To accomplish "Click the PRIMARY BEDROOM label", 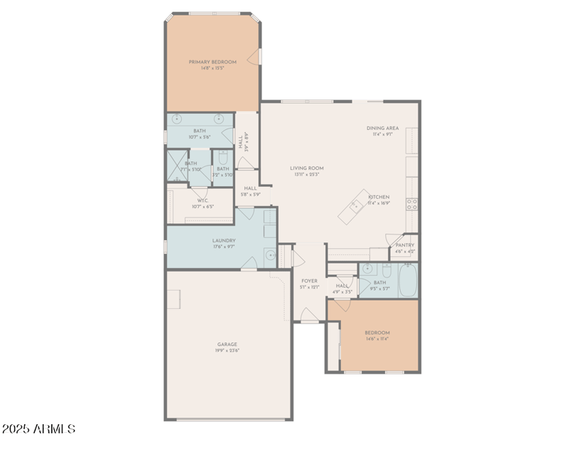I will point(212,62).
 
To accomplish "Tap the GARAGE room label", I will point(227,344).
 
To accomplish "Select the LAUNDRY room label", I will point(223,240).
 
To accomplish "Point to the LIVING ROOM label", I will point(307,168).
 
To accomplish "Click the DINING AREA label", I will point(382,128).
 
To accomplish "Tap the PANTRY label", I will point(404,245).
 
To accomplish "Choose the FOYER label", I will point(309,280).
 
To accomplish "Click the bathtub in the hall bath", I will point(407,280).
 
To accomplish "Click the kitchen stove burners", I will point(412,204).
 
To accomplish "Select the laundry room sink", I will point(269,256).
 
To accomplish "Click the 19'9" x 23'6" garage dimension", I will point(227,350).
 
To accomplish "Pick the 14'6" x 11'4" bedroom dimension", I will point(377,339).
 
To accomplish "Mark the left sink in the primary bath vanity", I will point(177,119).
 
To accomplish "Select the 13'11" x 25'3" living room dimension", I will point(307,174).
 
